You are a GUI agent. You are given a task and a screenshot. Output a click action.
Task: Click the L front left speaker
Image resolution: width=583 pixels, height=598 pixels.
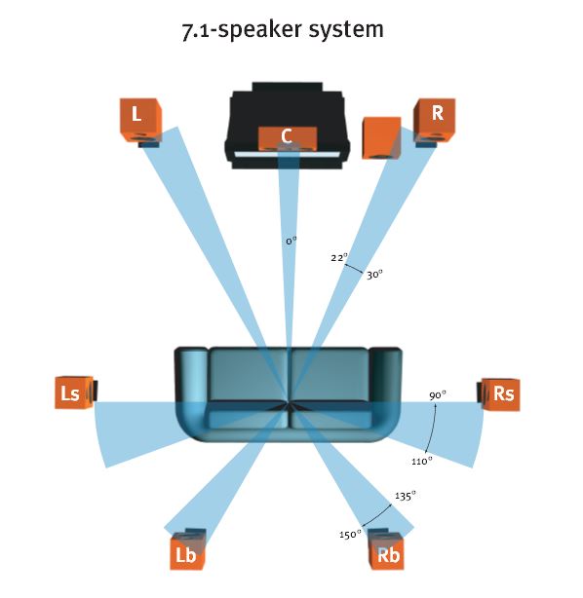coord(140,122)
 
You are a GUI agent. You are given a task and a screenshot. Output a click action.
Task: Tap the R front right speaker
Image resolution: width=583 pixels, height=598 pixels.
coord(435,122)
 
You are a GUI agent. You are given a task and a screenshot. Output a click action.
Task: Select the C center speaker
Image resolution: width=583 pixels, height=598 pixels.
coord(288,138)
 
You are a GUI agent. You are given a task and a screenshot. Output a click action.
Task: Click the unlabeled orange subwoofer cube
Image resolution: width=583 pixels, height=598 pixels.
coord(381,138)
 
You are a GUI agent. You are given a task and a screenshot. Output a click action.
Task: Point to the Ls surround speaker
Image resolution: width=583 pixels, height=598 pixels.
coord(76,392)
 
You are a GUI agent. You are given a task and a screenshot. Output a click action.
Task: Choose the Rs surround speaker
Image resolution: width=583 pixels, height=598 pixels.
coord(498,394)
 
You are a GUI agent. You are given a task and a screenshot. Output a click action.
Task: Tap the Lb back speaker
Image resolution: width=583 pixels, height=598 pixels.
coord(187,549)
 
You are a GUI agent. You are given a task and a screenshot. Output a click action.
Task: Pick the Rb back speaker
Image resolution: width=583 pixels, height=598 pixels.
coord(386,549)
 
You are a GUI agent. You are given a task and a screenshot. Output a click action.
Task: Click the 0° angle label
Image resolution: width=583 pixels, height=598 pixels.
coord(291,241)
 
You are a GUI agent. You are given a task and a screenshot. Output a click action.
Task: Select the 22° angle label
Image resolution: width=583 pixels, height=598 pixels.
coord(339,257)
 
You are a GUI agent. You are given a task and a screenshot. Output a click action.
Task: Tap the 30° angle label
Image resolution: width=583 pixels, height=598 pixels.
coord(374,275)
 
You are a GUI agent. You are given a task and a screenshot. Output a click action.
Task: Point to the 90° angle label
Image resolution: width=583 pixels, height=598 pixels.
coord(437,395)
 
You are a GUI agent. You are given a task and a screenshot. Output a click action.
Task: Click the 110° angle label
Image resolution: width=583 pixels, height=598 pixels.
coord(421,461)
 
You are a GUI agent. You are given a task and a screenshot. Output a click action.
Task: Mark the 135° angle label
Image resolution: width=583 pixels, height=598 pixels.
coord(405,496)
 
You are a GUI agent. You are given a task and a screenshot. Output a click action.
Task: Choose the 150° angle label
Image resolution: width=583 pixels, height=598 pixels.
coord(350,534)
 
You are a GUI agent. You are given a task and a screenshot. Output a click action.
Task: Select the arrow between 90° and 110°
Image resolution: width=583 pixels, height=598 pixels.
coord(432,428)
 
